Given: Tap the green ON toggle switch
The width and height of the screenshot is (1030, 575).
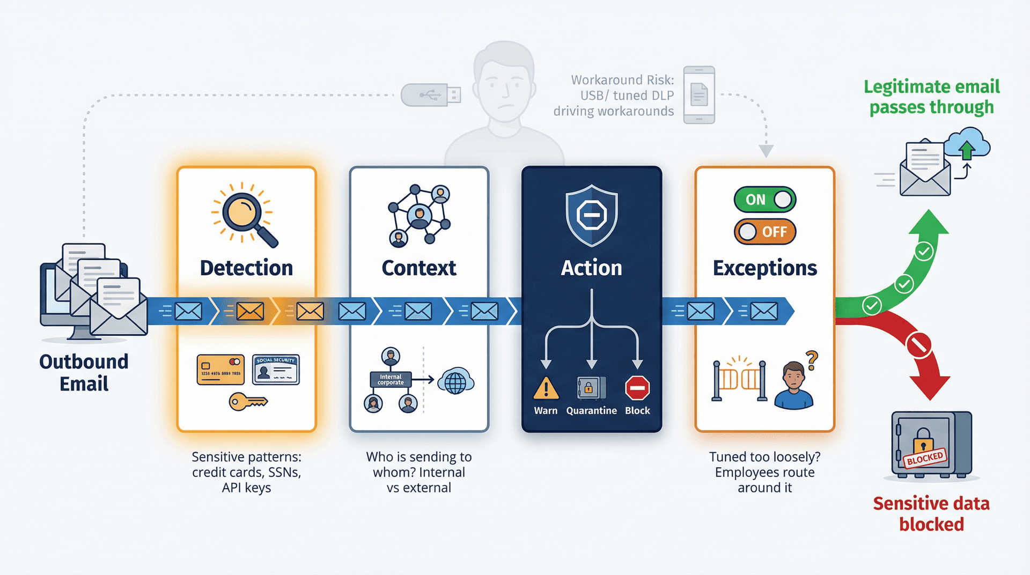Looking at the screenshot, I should tap(764, 200).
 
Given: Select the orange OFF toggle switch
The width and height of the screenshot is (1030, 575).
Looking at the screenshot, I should tap(764, 232).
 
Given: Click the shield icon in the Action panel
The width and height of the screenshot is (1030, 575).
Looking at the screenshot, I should tap(591, 215).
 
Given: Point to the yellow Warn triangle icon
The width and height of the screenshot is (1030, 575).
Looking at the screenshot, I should tap(546, 388).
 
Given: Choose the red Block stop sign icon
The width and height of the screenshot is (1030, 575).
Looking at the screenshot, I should tap(637, 388).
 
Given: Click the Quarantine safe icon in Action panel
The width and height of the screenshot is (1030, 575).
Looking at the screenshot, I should tap(591, 387).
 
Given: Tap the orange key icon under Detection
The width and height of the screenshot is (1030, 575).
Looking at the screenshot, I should tap(247, 401).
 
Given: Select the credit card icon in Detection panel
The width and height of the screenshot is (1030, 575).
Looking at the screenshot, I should tap(220, 370).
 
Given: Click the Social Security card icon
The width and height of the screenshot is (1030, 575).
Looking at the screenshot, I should tap(276, 370).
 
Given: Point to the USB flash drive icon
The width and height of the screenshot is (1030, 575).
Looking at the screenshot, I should tap(431, 95).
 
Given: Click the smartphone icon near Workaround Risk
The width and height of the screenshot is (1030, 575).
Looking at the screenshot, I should tap(698, 95).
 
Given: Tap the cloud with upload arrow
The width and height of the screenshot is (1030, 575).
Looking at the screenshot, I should tap(967, 144).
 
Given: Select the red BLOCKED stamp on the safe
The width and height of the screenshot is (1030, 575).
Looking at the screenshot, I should tap(925, 458).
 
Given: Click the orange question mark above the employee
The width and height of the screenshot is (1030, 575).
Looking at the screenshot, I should tap(812, 360).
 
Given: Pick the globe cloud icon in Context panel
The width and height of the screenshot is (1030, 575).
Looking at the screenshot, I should tap(455, 381).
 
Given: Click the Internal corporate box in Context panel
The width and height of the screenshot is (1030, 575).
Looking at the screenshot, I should tap(391, 380).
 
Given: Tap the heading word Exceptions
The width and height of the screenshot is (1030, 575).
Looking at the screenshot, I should tap(764, 268).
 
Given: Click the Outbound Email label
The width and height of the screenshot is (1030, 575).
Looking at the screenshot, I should tap(84, 373).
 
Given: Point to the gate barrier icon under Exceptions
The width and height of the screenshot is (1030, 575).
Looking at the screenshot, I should tap(739, 380).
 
